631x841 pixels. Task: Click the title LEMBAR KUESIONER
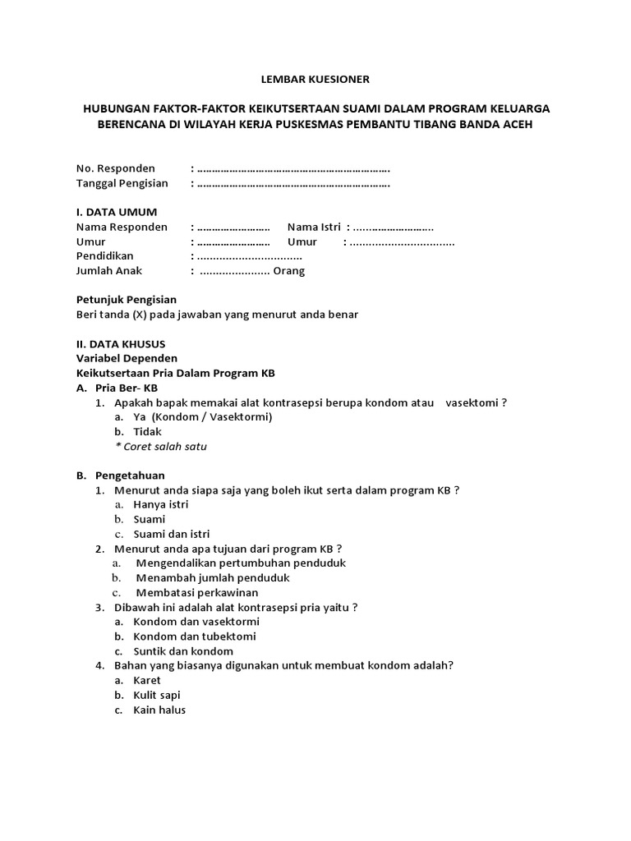(x=315, y=80)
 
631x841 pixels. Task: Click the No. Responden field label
(x=116, y=168)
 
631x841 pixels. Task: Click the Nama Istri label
(x=315, y=227)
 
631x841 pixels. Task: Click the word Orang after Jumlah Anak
(x=289, y=271)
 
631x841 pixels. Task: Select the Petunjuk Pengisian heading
(x=126, y=300)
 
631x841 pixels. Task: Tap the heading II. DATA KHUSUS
(x=120, y=344)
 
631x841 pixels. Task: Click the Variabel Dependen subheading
(x=127, y=358)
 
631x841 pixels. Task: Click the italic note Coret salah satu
(x=161, y=447)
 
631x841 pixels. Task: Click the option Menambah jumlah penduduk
(x=212, y=577)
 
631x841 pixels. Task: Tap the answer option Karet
(x=147, y=680)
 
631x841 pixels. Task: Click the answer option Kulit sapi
(x=157, y=695)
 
